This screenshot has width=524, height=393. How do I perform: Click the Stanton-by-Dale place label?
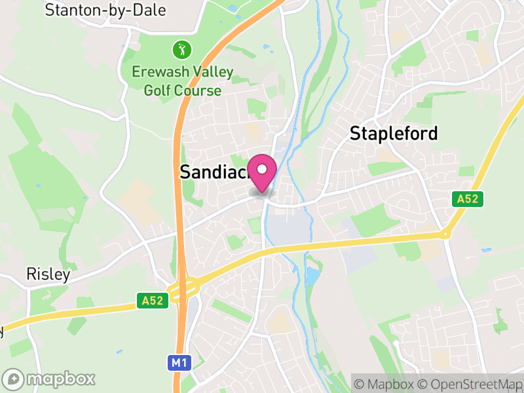tap(105, 10)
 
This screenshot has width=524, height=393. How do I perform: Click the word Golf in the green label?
tap(157, 90)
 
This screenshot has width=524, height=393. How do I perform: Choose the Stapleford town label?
tap(394, 134)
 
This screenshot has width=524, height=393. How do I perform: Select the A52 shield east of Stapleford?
tap(468, 198)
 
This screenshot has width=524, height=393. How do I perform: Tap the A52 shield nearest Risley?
tap(155, 301)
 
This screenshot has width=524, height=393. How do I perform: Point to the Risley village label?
tap(48, 274)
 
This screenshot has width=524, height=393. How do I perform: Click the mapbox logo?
tap(49, 379)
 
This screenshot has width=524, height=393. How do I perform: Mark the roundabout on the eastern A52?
tap(445, 234)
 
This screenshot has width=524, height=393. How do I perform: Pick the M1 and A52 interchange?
tap(184, 287)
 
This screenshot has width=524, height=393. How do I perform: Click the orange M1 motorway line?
tap(178, 164)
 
